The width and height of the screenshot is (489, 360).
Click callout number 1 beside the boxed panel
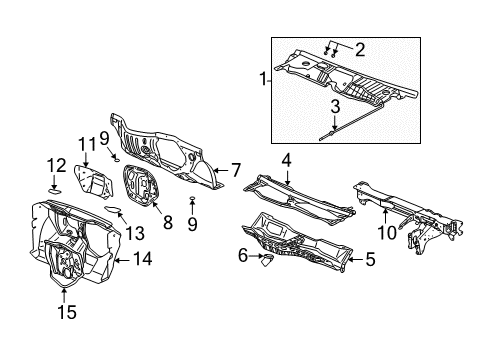click(263, 77)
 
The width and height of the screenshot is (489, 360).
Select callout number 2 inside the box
click(360, 47)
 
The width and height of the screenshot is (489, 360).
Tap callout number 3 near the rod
click(336, 105)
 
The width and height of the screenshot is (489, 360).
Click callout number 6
click(242, 256)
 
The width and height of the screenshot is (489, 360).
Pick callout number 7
click(236, 170)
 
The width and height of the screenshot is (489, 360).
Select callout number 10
click(385, 233)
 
